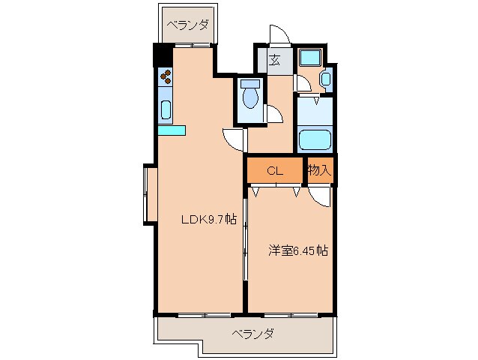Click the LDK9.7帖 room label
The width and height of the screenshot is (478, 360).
[208, 220]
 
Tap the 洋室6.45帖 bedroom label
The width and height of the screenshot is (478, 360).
[298, 250]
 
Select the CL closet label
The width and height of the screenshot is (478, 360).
[275, 171]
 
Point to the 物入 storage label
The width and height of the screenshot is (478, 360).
[319, 171]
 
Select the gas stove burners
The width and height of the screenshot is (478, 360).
[166, 76]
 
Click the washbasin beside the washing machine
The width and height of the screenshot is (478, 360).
[326, 78]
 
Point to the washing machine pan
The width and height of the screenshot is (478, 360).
[309, 59]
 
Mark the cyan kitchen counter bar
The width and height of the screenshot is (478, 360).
[171, 130]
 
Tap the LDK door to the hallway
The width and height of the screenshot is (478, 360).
[235, 138]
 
